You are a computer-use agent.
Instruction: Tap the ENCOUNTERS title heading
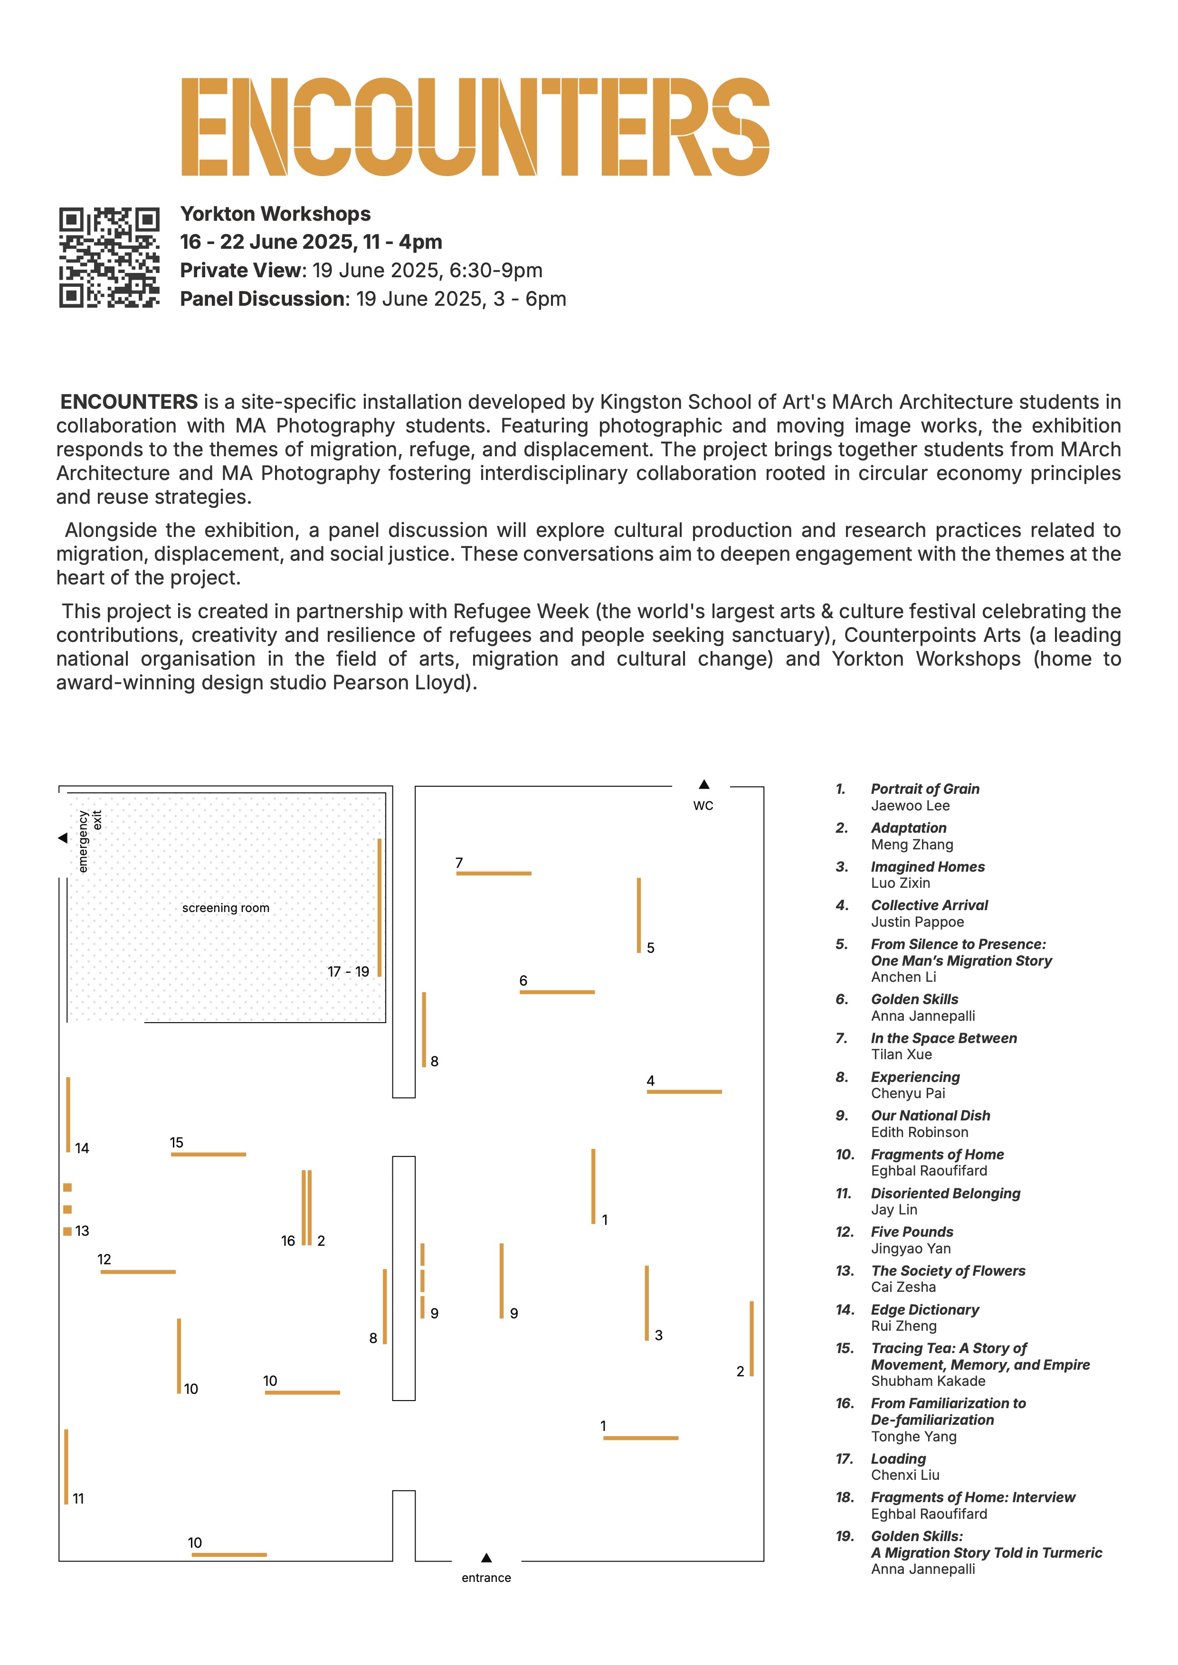pyautogui.click(x=475, y=127)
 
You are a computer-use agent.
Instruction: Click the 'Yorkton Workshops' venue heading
pyautogui.click(x=275, y=214)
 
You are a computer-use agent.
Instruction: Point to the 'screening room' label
pyautogui.click(x=226, y=908)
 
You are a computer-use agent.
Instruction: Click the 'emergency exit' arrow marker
pyautogui.click(x=62, y=838)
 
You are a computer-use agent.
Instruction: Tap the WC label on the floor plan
pyautogui.click(x=703, y=806)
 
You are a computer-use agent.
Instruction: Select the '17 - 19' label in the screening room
pyautogui.click(x=348, y=972)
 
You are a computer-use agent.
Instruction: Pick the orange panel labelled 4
pyautogui.click(x=684, y=1091)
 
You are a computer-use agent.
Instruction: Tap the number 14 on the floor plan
pyautogui.click(x=82, y=1148)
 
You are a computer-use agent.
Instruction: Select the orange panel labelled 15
pyautogui.click(x=208, y=1155)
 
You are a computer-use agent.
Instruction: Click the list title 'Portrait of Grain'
pyautogui.click(x=925, y=789)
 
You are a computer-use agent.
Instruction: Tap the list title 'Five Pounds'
pyautogui.click(x=912, y=1232)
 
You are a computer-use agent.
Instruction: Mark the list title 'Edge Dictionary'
pyautogui.click(x=925, y=1310)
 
